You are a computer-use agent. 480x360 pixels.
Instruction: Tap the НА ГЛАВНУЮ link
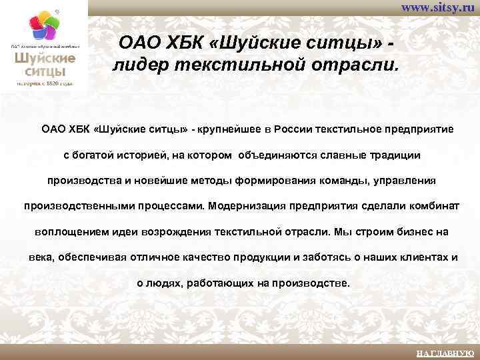pyautogui.click(x=445, y=352)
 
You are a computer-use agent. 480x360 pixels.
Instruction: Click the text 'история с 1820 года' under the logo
pyautogui.click(x=45, y=83)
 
